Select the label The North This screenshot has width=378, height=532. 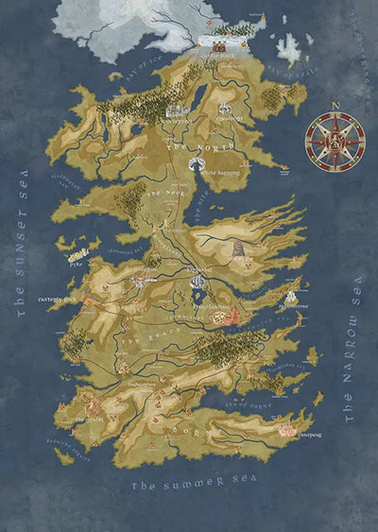(189, 148)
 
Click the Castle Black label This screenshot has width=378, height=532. (219, 56)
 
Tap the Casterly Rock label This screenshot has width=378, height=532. (56, 300)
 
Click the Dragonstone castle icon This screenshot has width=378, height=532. (288, 297)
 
